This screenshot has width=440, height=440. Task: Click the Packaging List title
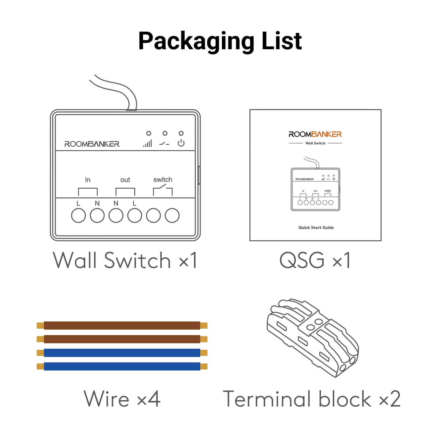point(220,41)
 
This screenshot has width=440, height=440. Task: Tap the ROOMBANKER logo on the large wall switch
point(92,144)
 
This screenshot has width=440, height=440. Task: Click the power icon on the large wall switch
point(181,143)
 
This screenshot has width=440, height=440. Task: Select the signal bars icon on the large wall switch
point(147,143)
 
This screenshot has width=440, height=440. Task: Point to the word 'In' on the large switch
point(88,180)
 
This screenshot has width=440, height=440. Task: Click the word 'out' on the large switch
point(125,180)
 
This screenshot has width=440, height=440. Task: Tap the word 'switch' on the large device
point(163,180)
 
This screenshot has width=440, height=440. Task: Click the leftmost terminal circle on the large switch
point(78,215)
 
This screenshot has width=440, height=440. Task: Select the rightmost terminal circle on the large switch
point(172,215)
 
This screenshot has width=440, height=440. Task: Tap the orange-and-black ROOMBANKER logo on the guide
point(315,134)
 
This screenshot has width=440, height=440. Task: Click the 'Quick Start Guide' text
point(316,227)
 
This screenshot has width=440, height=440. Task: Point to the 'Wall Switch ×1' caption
point(125,260)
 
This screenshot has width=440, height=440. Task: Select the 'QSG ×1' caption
point(315,260)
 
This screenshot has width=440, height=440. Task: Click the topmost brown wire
point(122,326)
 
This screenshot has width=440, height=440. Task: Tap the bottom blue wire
point(122,366)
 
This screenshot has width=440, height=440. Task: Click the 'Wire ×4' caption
point(122,399)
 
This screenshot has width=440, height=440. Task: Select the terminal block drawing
point(313,338)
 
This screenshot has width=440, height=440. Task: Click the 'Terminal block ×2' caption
point(312,399)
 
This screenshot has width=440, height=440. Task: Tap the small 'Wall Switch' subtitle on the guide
point(315,143)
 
